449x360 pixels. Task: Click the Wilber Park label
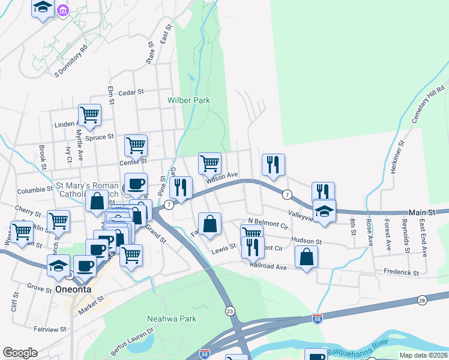tap(188, 100)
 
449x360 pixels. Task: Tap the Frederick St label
tap(402, 272)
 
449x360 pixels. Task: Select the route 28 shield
tap(422, 299)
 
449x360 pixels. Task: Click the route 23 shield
tap(230, 310)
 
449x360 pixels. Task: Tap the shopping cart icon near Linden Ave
tap(89, 114)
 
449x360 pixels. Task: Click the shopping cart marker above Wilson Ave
tap(209, 163)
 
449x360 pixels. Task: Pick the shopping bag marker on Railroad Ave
tap(306, 256)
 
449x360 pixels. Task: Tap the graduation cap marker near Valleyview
tap(324, 212)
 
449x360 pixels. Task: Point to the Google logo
tap(20, 352)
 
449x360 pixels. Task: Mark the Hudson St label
tap(307, 241)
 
